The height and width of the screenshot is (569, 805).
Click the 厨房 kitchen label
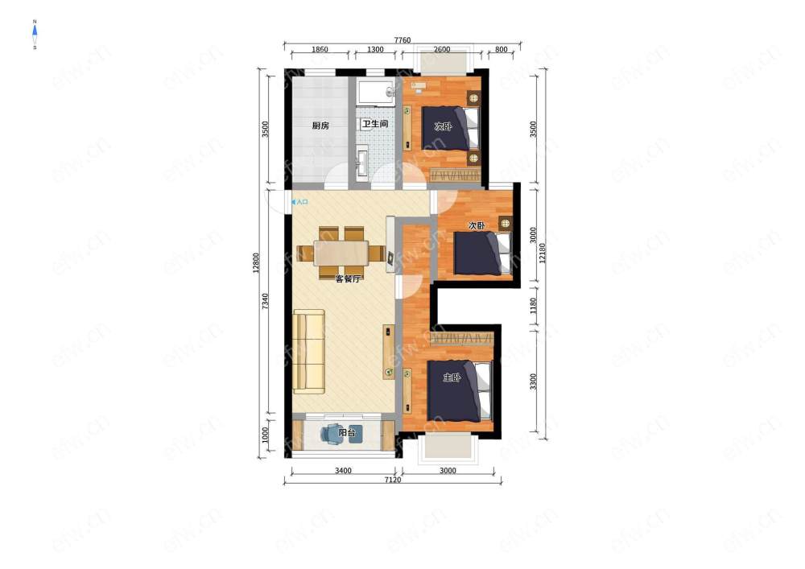pyautogui.click(x=320, y=126)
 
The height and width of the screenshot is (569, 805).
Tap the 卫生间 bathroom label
pyautogui.click(x=375, y=124)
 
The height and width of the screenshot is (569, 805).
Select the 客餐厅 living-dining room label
pyautogui.click(x=348, y=279)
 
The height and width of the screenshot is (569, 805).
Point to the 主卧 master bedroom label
pyautogui.click(x=452, y=377)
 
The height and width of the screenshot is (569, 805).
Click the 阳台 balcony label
pyautogui.click(x=347, y=433)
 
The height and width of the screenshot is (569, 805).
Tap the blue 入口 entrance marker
pyautogui.click(x=299, y=202)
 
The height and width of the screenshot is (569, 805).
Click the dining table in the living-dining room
pyautogui.click(x=341, y=253)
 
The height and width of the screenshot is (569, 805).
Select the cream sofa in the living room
pyautogui.click(x=308, y=352)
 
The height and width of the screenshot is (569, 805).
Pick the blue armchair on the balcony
pyautogui.click(x=332, y=434)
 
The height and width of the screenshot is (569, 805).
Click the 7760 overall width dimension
pyautogui.click(x=402, y=40)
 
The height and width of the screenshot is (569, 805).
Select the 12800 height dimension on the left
pyautogui.click(x=256, y=262)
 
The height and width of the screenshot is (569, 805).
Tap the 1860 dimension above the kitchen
pyautogui.click(x=320, y=49)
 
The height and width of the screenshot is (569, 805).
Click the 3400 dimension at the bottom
pyautogui.click(x=343, y=471)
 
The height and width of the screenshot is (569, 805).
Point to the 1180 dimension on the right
pyautogui.click(x=533, y=306)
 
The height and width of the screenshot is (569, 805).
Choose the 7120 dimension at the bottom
pyautogui.click(x=393, y=480)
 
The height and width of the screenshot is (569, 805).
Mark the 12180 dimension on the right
pyautogui.click(x=543, y=253)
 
